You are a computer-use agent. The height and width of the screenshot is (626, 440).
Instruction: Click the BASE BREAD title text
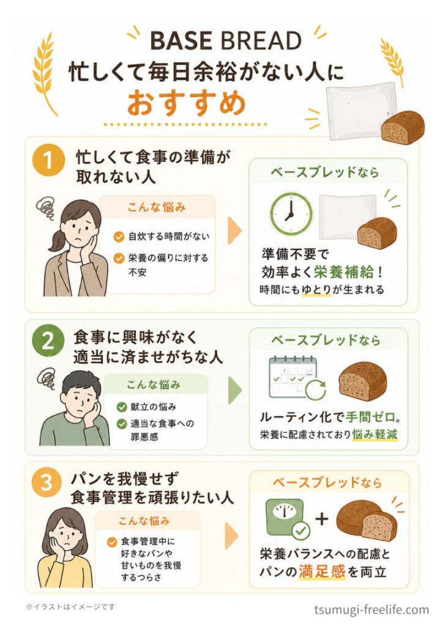pyautogui.click(x=226, y=41)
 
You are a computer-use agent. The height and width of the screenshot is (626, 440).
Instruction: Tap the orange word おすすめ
pyautogui.click(x=187, y=102)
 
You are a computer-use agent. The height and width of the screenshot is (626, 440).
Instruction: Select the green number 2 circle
pyautogui.click(x=48, y=341)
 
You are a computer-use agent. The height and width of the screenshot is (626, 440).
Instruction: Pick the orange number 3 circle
pyautogui.click(x=47, y=482)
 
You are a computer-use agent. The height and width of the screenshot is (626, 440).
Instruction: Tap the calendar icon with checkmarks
pyautogui.click(x=293, y=377)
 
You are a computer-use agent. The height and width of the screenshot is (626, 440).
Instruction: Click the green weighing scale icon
pyautogui.click(x=285, y=517)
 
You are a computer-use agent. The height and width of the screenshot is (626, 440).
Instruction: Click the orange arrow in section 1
pyautogui.click(x=234, y=230)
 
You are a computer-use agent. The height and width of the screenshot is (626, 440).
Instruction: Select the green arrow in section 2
pyautogui.click(x=234, y=389)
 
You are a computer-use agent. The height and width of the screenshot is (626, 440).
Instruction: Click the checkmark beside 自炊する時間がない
pyautogui.click(x=119, y=237)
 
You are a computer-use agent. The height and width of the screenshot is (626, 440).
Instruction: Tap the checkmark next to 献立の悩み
pyautogui.click(x=122, y=407)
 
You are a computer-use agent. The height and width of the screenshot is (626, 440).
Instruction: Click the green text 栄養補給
pyautogui.click(x=343, y=272)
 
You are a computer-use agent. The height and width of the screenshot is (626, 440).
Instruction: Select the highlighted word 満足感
pyautogui.click(x=322, y=572)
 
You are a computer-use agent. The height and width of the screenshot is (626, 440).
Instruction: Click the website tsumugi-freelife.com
pyautogui.click(x=371, y=609)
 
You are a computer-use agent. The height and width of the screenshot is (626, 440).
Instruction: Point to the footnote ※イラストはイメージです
pyautogui.click(x=70, y=607)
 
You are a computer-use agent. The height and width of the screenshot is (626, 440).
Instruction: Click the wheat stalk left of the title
pyautogui.click(x=43, y=74)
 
